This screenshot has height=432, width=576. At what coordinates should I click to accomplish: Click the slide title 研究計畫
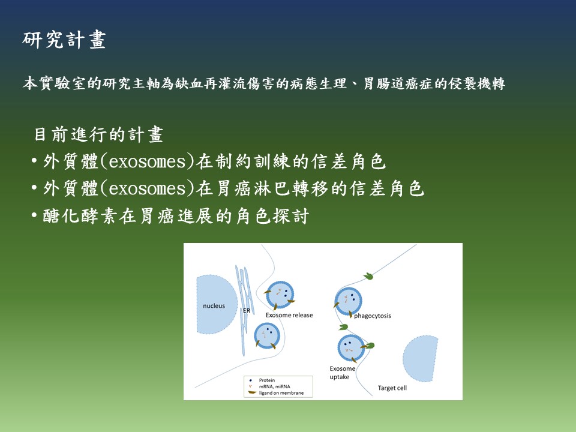click(x=64, y=40)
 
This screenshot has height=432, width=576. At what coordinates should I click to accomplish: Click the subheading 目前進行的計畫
click(x=98, y=134)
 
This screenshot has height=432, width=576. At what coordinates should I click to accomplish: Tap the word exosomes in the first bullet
click(x=148, y=162)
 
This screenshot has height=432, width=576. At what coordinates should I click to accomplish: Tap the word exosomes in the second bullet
click(x=148, y=189)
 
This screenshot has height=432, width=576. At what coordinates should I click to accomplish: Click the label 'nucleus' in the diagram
click(x=214, y=305)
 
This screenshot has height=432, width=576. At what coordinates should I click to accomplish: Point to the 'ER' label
click(x=247, y=311)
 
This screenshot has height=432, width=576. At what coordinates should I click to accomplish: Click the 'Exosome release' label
click(x=289, y=315)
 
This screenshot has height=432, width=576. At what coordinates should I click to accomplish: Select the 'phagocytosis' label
click(x=373, y=316)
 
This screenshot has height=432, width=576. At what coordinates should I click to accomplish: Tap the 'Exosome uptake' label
click(x=343, y=373)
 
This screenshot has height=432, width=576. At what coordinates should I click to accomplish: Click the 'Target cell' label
click(x=392, y=388)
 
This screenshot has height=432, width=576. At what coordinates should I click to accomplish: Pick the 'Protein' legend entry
click(x=266, y=380)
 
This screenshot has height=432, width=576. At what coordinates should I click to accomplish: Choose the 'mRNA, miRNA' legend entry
click(x=274, y=386)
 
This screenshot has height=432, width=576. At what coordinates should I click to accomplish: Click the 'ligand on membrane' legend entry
click(x=281, y=392)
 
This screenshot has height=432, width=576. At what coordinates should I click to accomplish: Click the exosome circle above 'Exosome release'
click(x=280, y=295)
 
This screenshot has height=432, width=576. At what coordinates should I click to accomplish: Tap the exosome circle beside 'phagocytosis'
click(x=348, y=301)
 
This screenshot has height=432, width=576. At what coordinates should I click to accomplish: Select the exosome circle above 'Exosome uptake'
click(x=351, y=348)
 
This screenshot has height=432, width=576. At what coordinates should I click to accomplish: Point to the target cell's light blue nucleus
click(x=421, y=358)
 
